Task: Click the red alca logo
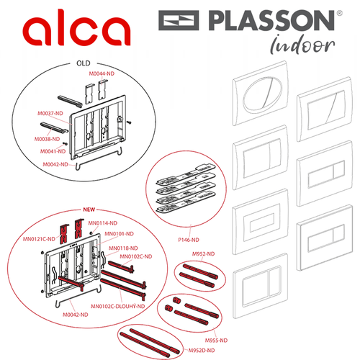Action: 76,27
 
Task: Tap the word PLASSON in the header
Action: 271,20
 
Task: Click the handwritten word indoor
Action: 303,45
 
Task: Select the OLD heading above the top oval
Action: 84,63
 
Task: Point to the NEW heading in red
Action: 89,210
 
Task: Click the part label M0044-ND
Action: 102,73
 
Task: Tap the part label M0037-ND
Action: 50,113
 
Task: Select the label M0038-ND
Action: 47,139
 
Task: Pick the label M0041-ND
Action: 53,151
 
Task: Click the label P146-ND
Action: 189,240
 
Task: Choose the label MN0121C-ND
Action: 39,239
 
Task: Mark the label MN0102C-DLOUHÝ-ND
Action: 118,306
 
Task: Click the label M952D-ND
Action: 202,351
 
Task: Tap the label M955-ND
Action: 216,341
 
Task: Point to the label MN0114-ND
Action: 103,223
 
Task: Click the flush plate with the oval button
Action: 261,94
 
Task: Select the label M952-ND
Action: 204,254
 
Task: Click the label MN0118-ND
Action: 123,248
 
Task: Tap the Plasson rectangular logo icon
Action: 179,20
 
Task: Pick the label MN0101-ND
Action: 120,234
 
